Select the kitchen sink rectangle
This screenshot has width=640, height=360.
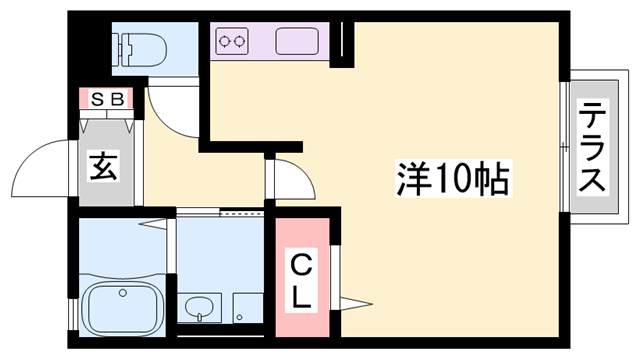pyautogui.click(x=297, y=43)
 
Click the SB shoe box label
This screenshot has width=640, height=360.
pyautogui.click(x=106, y=98)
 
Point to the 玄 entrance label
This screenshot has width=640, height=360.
pyautogui.click(x=104, y=164)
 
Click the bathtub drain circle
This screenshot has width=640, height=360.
pyautogui.click(x=120, y=293)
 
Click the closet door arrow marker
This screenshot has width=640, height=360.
pyautogui.click(x=359, y=300)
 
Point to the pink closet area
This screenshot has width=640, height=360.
pyautogui.click(x=302, y=274)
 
